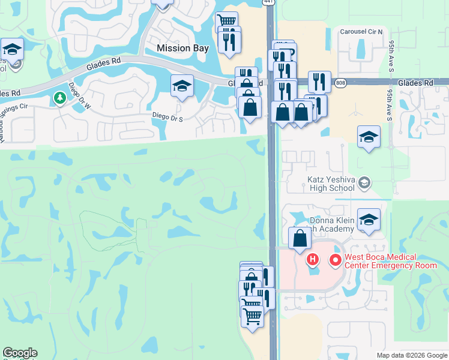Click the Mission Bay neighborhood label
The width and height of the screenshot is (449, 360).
(x=182, y=47)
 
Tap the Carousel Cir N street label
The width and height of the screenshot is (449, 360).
(x=361, y=32)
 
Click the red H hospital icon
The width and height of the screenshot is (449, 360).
(x=312, y=260)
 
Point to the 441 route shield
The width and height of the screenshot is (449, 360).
(x=268, y=2)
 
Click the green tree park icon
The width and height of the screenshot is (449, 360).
(x=59, y=97)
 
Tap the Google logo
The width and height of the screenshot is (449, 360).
(x=20, y=353)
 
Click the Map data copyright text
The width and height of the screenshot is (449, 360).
(x=411, y=355)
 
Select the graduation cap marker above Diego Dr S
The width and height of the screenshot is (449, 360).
(x=182, y=85)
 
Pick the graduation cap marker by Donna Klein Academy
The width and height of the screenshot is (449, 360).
(x=369, y=219)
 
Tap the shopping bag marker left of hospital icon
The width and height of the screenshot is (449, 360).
(x=300, y=238)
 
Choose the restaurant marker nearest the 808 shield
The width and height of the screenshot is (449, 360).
(x=320, y=82)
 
